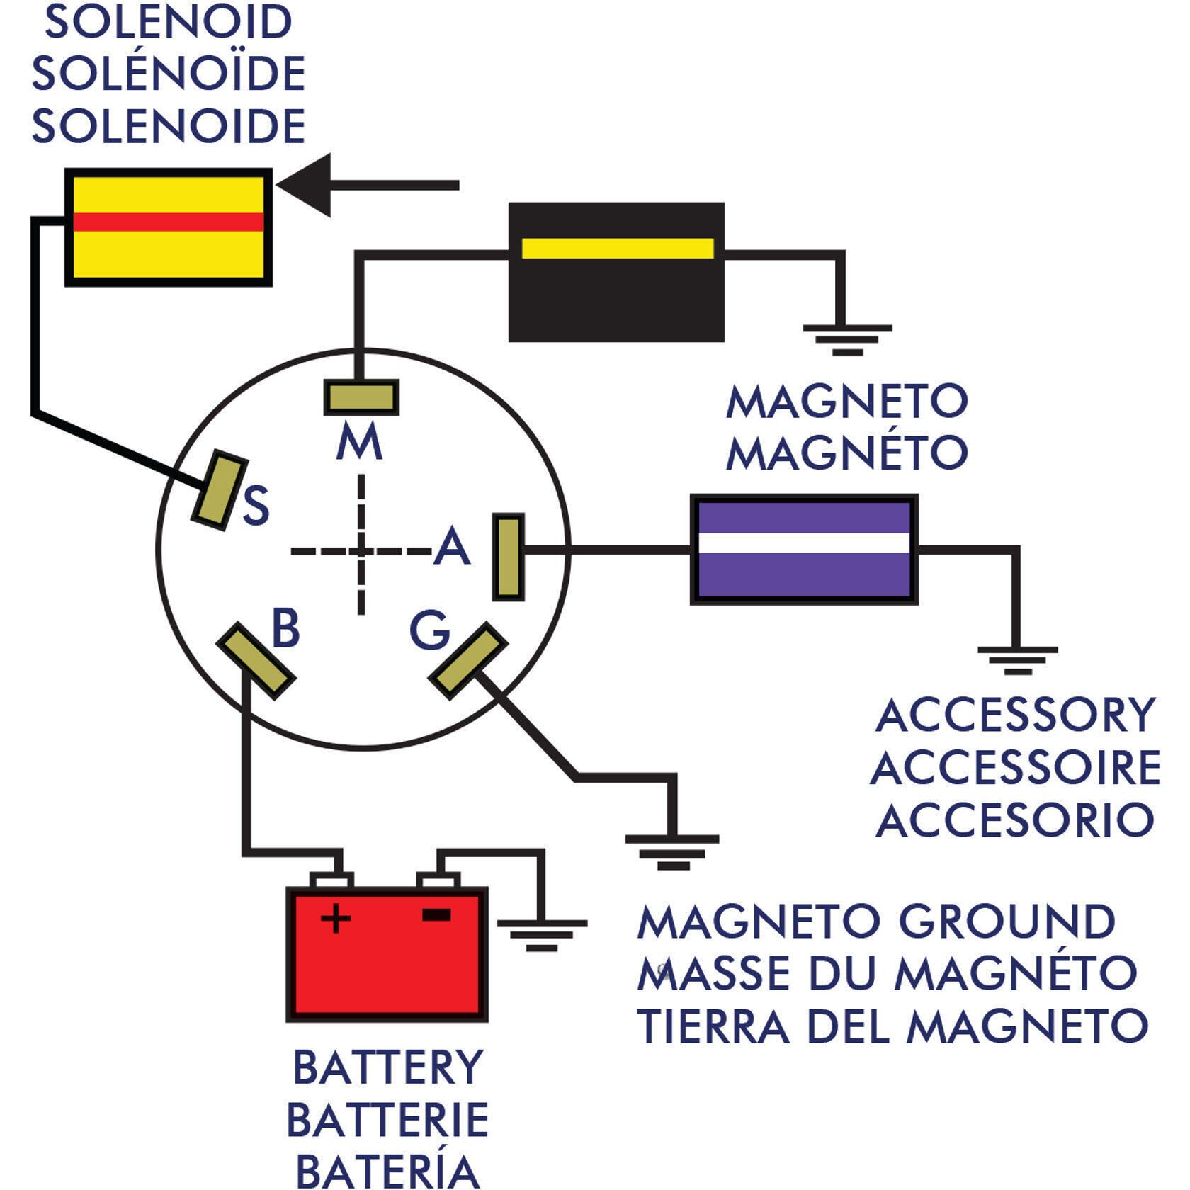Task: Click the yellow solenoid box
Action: (169, 227)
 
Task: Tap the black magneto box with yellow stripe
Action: (616, 272)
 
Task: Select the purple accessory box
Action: (804, 549)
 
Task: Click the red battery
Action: (387, 953)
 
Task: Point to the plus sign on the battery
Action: (336, 919)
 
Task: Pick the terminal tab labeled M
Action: (361, 397)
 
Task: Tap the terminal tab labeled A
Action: (509, 557)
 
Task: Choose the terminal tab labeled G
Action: (468, 661)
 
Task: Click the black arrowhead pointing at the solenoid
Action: (304, 185)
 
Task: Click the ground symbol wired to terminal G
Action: (672, 852)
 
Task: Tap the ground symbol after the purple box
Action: (1018, 660)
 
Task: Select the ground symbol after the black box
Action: (847, 340)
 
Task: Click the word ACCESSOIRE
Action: (1016, 769)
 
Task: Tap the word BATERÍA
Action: (387, 1168)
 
